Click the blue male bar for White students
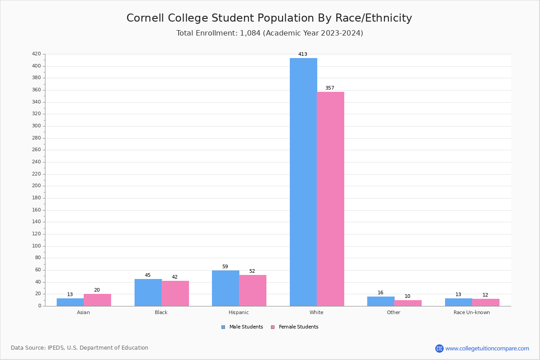click(303, 182)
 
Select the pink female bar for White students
click(330, 199)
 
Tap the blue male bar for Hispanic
click(225, 288)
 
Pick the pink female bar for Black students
click(175, 293)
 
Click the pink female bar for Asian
click(97, 300)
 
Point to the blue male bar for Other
click(381, 301)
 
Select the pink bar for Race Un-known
click(486, 302)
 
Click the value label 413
click(303, 54)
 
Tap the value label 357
click(330, 88)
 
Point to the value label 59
click(225, 267)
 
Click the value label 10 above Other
click(407, 297)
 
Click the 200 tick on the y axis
click(36, 186)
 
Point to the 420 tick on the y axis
click(36, 54)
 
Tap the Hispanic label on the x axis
click(238, 312)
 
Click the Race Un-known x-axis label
click(472, 312)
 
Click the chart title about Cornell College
click(269, 18)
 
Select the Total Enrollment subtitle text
click(270, 33)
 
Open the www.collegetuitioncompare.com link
click(487, 348)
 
